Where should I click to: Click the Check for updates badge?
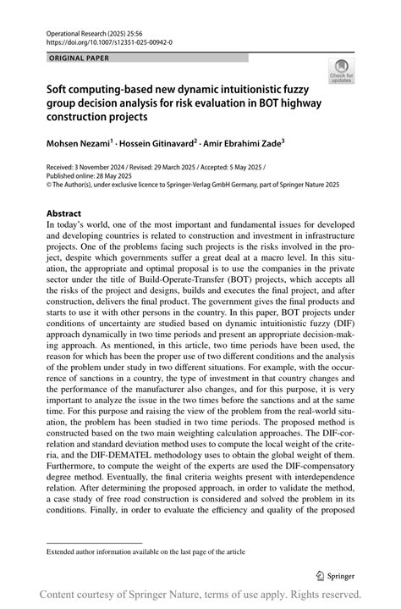[342, 70]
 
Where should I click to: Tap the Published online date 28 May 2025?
[110, 176]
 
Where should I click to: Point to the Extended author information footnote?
[146, 551]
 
